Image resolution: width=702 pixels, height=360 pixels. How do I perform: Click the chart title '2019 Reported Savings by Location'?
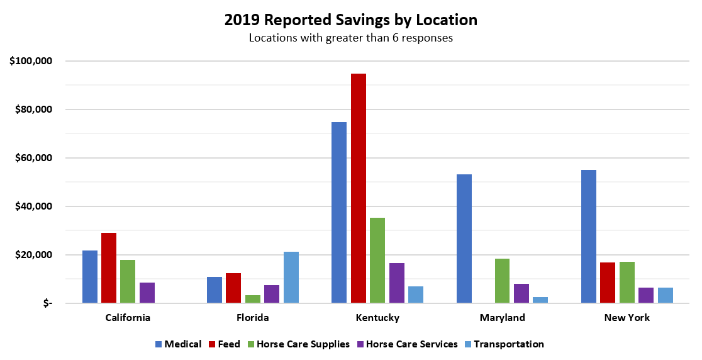coord(350,20)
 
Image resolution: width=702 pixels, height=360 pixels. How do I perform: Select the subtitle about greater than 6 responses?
coord(350,38)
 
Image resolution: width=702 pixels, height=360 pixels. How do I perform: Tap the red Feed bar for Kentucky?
coord(359,188)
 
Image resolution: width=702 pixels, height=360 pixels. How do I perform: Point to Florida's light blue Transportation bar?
coord(291,278)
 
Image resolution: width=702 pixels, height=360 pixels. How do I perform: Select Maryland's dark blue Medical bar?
coord(464,239)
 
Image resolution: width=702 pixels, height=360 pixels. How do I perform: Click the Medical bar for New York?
coord(589,237)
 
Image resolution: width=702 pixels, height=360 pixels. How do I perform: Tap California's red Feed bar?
coord(109,268)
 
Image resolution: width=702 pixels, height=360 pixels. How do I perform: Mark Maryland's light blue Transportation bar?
coord(540,300)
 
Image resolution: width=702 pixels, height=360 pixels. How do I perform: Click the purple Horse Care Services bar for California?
coord(147,293)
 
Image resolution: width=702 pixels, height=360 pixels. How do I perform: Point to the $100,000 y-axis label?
coord(31,61)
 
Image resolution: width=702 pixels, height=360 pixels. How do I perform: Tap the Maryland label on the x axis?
coord(502,318)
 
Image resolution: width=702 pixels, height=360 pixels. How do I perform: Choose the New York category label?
coord(627,318)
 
